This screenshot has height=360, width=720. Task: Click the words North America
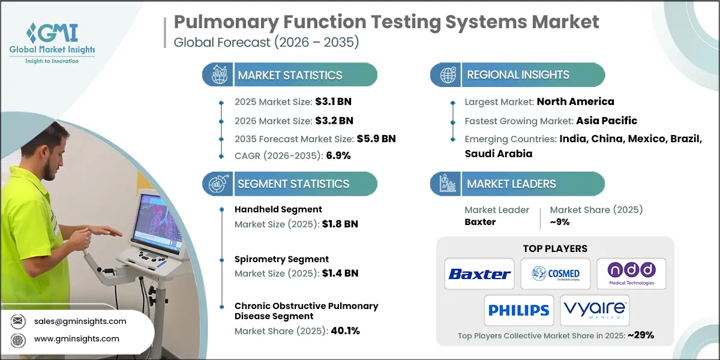(575, 101)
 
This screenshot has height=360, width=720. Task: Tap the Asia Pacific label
(607, 121)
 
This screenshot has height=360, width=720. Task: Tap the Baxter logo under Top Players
(479, 274)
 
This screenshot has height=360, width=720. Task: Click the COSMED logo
(555, 274)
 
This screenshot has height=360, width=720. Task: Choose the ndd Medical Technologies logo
(631, 274)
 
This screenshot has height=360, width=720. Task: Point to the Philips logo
(518, 310)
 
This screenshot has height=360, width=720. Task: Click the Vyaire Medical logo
(595, 310)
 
